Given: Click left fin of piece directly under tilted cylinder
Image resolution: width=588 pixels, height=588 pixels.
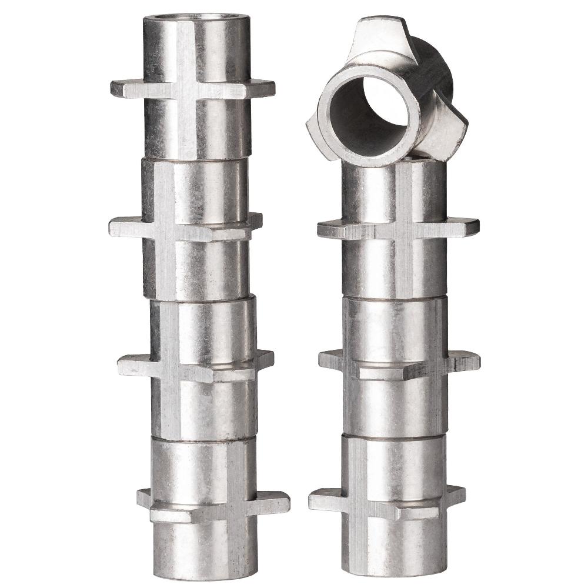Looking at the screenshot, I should coord(329,228).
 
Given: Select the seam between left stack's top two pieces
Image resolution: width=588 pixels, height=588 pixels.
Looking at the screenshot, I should coord(196,159).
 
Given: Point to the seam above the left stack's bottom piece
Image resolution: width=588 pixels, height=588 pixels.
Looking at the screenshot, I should coord(203,439).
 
